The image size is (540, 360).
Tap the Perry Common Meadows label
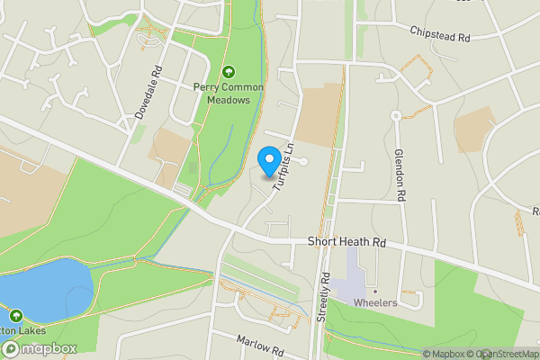(x=229, y=94)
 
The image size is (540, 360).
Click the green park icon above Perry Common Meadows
(x=229, y=72)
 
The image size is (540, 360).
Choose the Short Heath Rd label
(x=346, y=242)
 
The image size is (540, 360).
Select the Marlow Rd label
(x=261, y=342)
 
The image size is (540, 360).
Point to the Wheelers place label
(x=375, y=303)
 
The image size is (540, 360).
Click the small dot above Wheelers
(x=375, y=291)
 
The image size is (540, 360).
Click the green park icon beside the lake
(x=15, y=316)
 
